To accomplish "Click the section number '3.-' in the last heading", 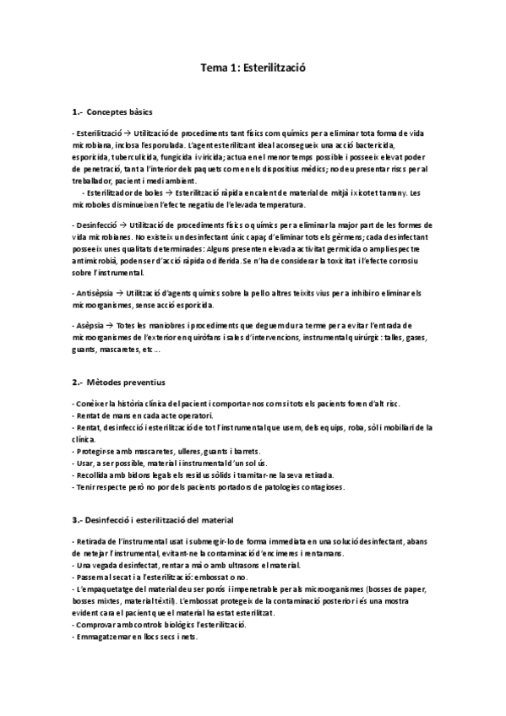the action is click(x=78, y=518).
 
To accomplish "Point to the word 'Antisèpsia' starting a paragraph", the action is click(x=94, y=292).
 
